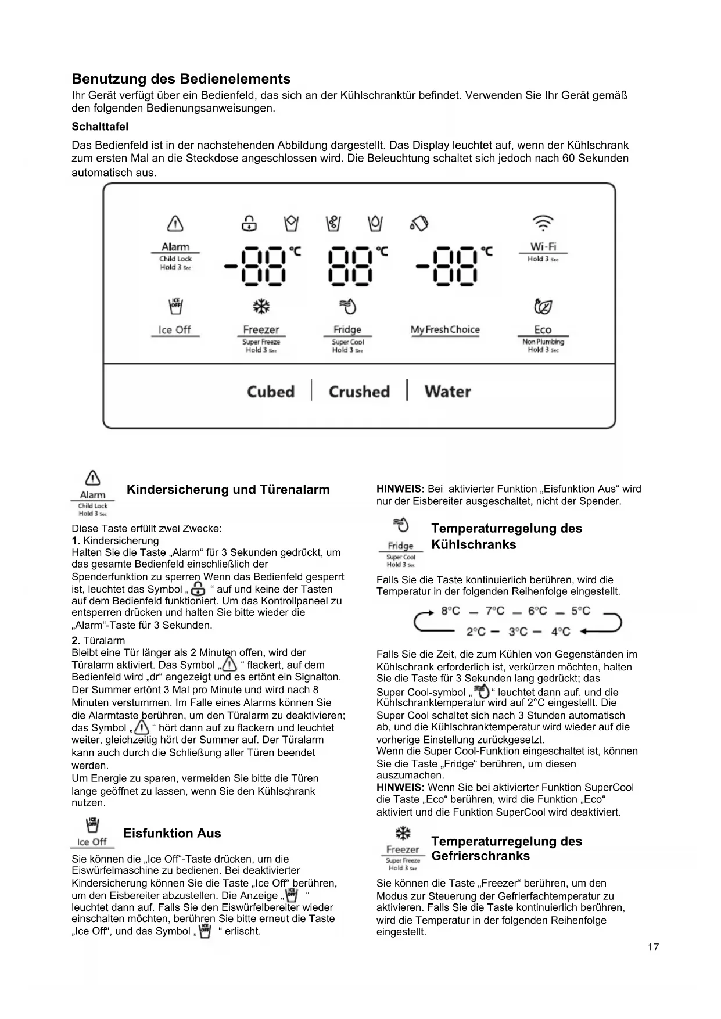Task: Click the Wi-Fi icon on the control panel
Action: (x=543, y=223)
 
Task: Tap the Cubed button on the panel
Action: (x=271, y=392)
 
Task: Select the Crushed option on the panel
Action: (x=359, y=392)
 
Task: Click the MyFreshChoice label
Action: (x=445, y=330)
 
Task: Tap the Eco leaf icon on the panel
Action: (x=543, y=306)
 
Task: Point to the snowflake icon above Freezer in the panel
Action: (x=261, y=306)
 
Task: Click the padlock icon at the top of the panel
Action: (x=249, y=223)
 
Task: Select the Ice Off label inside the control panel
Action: (x=175, y=330)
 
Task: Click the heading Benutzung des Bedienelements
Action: (x=181, y=79)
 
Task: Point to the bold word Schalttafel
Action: (x=100, y=127)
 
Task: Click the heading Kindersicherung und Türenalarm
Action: (x=228, y=490)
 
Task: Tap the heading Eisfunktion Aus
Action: (x=172, y=833)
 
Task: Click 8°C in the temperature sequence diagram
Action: (x=450, y=611)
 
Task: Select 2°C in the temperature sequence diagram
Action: (x=476, y=632)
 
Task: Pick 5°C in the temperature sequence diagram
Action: (x=580, y=611)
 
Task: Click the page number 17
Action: (x=653, y=947)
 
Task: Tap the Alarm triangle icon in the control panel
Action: (x=175, y=223)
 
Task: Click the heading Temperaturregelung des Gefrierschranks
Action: (x=506, y=849)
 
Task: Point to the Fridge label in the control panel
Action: (x=347, y=330)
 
